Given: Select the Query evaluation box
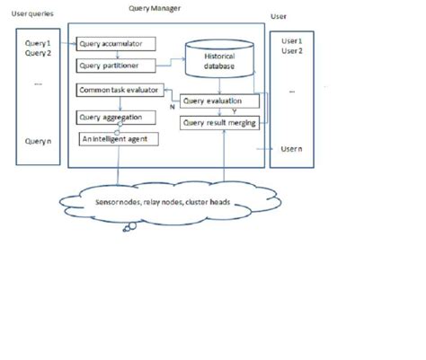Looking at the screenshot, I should [x=220, y=101].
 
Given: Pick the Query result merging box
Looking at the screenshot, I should [x=220, y=122].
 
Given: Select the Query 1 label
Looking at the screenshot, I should [x=37, y=42].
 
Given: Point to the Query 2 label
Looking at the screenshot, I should [x=37, y=52].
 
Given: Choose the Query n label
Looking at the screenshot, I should [x=37, y=141].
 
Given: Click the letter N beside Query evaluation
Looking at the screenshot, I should [x=173, y=107].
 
